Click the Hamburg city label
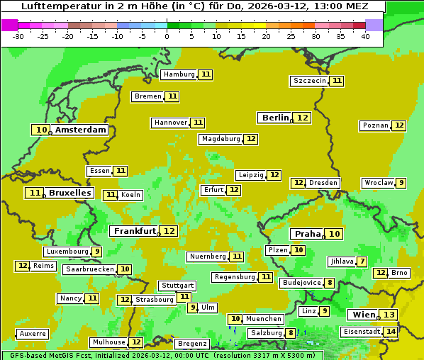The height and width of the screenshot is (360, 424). click(x=179, y=74)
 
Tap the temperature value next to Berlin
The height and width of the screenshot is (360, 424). click(x=303, y=118)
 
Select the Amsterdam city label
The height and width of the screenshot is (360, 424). click(x=81, y=130)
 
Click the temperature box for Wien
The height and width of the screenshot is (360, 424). click(x=388, y=315)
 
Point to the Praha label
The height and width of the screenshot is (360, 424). click(x=308, y=234)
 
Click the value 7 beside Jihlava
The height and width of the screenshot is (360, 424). click(x=362, y=261)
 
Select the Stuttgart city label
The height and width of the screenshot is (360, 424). click(x=177, y=286)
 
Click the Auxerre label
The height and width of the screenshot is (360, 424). click(x=33, y=334)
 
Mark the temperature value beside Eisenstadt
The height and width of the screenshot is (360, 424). click(x=390, y=332)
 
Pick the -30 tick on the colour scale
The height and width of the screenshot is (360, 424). click(x=18, y=36)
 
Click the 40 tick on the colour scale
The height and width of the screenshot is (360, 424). click(x=364, y=36)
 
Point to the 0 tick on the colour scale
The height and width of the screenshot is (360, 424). click(x=167, y=36)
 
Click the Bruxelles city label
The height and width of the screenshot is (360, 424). click(x=69, y=193)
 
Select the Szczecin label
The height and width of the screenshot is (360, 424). click(x=310, y=81)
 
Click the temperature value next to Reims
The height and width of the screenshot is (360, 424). click(x=23, y=266)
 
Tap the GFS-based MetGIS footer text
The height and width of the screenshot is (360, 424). click(x=57, y=355)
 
